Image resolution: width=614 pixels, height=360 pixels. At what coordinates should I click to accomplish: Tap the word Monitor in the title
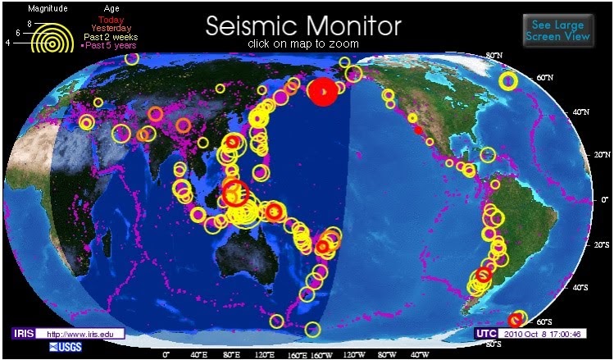tap(352, 25)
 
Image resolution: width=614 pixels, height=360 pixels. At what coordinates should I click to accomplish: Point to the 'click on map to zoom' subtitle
tap(302, 43)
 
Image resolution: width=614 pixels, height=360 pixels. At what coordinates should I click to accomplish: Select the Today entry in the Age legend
tap(111, 19)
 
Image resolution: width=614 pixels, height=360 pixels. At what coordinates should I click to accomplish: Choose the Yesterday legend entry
tap(111, 28)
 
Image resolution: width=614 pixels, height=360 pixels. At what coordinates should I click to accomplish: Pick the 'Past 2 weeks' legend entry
tap(111, 37)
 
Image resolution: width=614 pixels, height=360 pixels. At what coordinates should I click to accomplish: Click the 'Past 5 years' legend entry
tap(111, 46)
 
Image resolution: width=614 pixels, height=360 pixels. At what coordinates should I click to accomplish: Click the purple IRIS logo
tap(23, 334)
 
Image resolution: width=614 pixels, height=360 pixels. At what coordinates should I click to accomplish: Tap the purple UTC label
tap(485, 334)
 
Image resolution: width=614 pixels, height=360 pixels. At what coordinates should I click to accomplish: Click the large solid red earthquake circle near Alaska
tap(322, 93)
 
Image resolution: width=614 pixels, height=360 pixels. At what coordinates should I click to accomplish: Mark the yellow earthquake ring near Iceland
tap(508, 80)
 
